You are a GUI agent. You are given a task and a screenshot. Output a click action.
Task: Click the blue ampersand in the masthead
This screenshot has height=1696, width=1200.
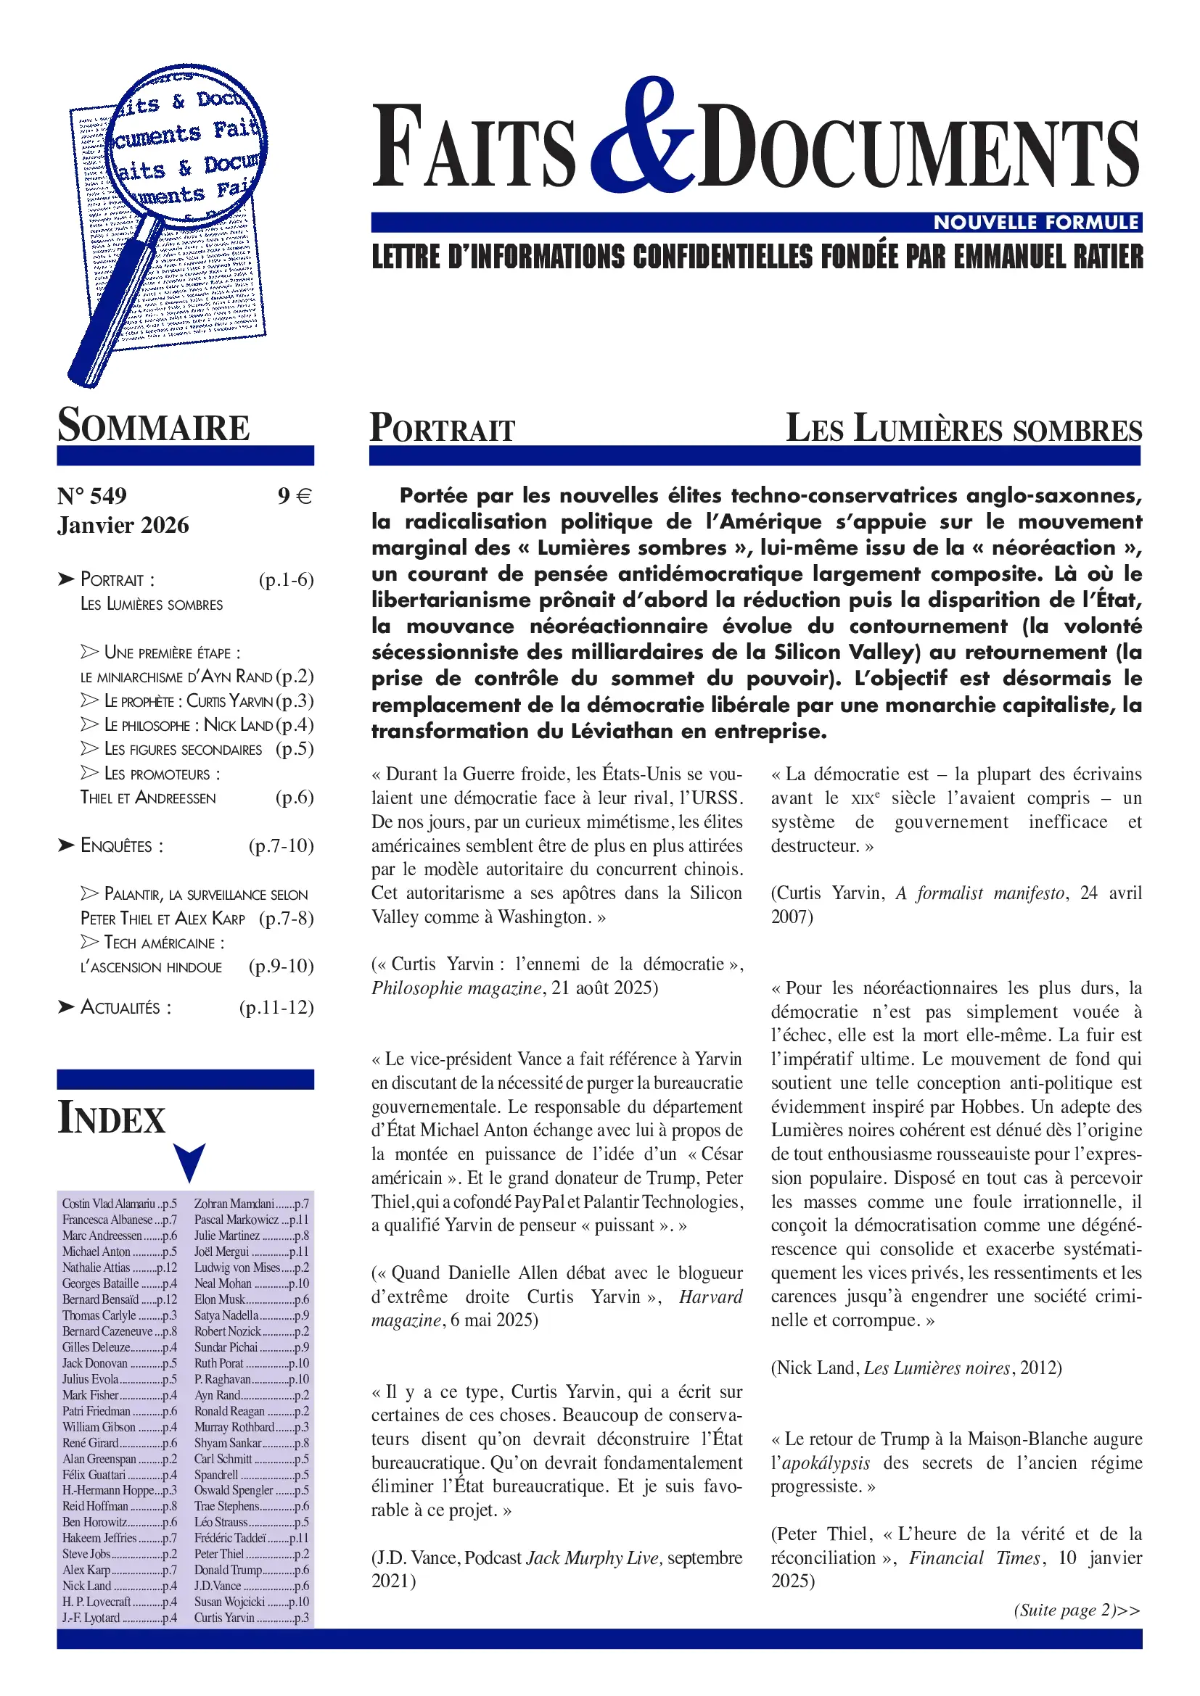(x=641, y=136)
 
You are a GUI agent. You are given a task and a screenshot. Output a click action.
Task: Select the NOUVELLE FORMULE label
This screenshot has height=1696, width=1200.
(x=1036, y=223)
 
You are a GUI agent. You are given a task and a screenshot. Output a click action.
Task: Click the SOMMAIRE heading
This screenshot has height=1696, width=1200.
(x=154, y=426)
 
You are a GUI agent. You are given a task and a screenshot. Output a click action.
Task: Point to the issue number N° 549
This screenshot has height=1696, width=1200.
(x=91, y=496)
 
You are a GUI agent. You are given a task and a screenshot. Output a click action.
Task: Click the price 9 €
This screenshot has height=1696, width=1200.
(x=295, y=496)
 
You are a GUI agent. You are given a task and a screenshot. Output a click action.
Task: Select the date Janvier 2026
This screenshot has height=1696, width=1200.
(x=123, y=525)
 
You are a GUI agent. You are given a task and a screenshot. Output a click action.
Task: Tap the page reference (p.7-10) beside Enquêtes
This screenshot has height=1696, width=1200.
(x=281, y=845)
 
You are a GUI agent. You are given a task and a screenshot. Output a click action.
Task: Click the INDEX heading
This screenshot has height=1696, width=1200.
(x=112, y=1118)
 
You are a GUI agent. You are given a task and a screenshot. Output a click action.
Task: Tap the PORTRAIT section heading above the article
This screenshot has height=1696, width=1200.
(x=442, y=429)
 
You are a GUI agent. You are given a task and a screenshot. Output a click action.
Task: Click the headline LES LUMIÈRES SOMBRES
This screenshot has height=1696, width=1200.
(x=963, y=429)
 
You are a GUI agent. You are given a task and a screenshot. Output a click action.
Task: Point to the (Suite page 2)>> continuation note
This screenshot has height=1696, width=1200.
(x=1077, y=1610)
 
